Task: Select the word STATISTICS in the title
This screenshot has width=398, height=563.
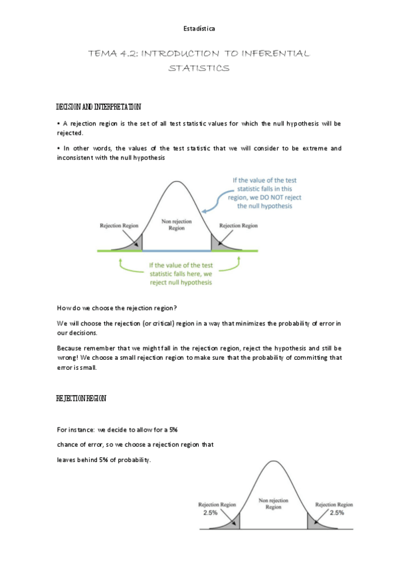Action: pyautogui.click(x=199, y=68)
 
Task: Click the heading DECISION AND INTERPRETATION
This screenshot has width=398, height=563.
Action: pyautogui.click(x=99, y=107)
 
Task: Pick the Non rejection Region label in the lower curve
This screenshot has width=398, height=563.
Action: pyautogui.click(x=273, y=503)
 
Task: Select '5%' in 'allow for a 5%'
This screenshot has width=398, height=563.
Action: pyautogui.click(x=173, y=430)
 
